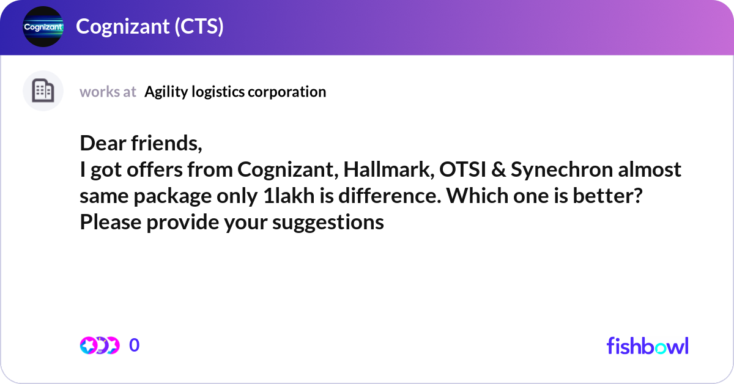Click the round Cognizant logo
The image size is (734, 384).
[43, 26]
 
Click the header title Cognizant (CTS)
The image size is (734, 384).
[150, 26]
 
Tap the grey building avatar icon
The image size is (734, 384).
[43, 90]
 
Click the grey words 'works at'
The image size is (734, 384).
[108, 92]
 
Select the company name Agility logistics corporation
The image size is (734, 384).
[235, 92]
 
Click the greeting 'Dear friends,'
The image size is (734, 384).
[141, 143]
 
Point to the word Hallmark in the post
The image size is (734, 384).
[389, 169]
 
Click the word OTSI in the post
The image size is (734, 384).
[462, 169]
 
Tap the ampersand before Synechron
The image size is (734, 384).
[499, 169]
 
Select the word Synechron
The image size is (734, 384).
[562, 170]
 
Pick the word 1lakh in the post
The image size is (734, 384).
[289, 196]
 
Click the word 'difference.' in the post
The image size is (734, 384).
[390, 196]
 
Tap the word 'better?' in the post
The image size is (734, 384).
[607, 196]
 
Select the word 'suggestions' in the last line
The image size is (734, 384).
[328, 223]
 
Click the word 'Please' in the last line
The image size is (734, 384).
[111, 222]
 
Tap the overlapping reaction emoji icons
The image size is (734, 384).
[100, 345]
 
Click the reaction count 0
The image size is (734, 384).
[134, 345]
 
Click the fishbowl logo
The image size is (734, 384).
[648, 345]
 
